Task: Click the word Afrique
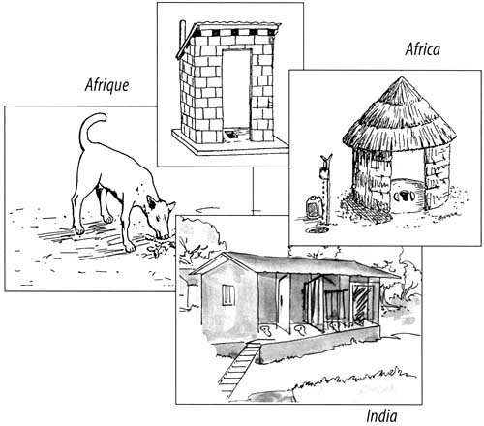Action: [106, 85]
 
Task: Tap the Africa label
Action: [423, 49]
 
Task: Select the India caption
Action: [381, 416]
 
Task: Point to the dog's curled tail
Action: [89, 129]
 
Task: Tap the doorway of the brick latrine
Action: [236, 93]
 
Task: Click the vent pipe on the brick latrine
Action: [182, 36]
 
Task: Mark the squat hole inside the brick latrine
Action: [230, 134]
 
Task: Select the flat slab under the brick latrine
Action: [230, 144]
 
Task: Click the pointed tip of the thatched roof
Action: [402, 77]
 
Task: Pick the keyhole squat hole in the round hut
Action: [403, 195]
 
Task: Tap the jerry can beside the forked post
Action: [313, 207]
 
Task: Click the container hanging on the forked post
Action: [323, 173]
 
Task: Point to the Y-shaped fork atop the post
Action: [326, 160]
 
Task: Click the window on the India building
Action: [228, 294]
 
